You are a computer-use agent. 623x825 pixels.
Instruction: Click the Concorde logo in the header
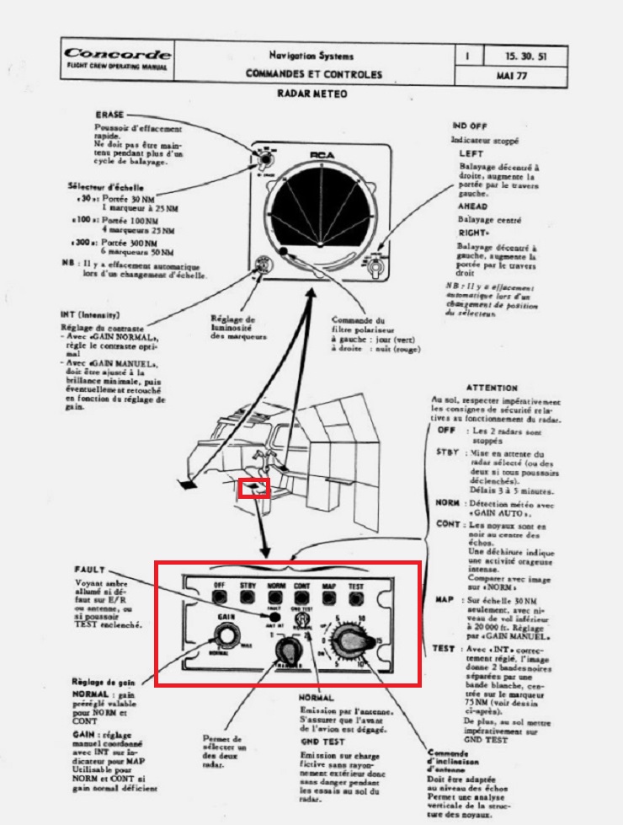click(x=118, y=55)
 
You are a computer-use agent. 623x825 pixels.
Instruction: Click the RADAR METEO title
click(x=312, y=94)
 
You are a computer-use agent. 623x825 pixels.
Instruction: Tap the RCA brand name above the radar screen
click(x=322, y=155)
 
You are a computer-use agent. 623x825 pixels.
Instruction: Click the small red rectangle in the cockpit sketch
click(x=254, y=488)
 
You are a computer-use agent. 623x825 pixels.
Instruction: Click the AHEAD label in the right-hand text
click(x=473, y=206)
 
